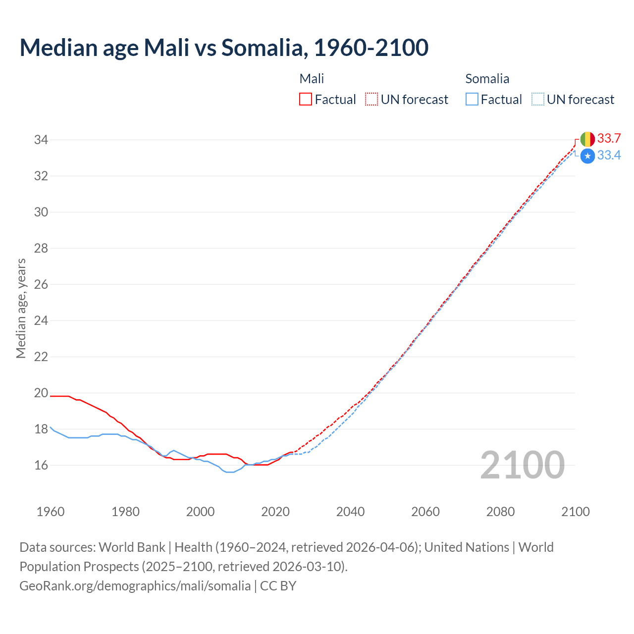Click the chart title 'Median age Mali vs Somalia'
[224, 48]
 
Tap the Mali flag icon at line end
[587, 139]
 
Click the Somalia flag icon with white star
[587, 156]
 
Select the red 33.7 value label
[609, 138]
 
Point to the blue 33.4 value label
[609, 156]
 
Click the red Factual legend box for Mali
[306, 100]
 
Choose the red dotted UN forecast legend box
[371, 100]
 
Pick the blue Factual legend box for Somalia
[472, 100]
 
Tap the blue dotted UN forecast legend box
[538, 100]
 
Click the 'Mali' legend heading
[312, 79]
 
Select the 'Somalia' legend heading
[487, 79]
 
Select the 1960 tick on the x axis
[51, 512]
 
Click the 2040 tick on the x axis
[350, 512]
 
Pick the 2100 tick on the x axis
[575, 512]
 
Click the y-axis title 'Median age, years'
[21, 308]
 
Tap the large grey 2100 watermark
[522, 465]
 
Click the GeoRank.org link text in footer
[135, 586]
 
